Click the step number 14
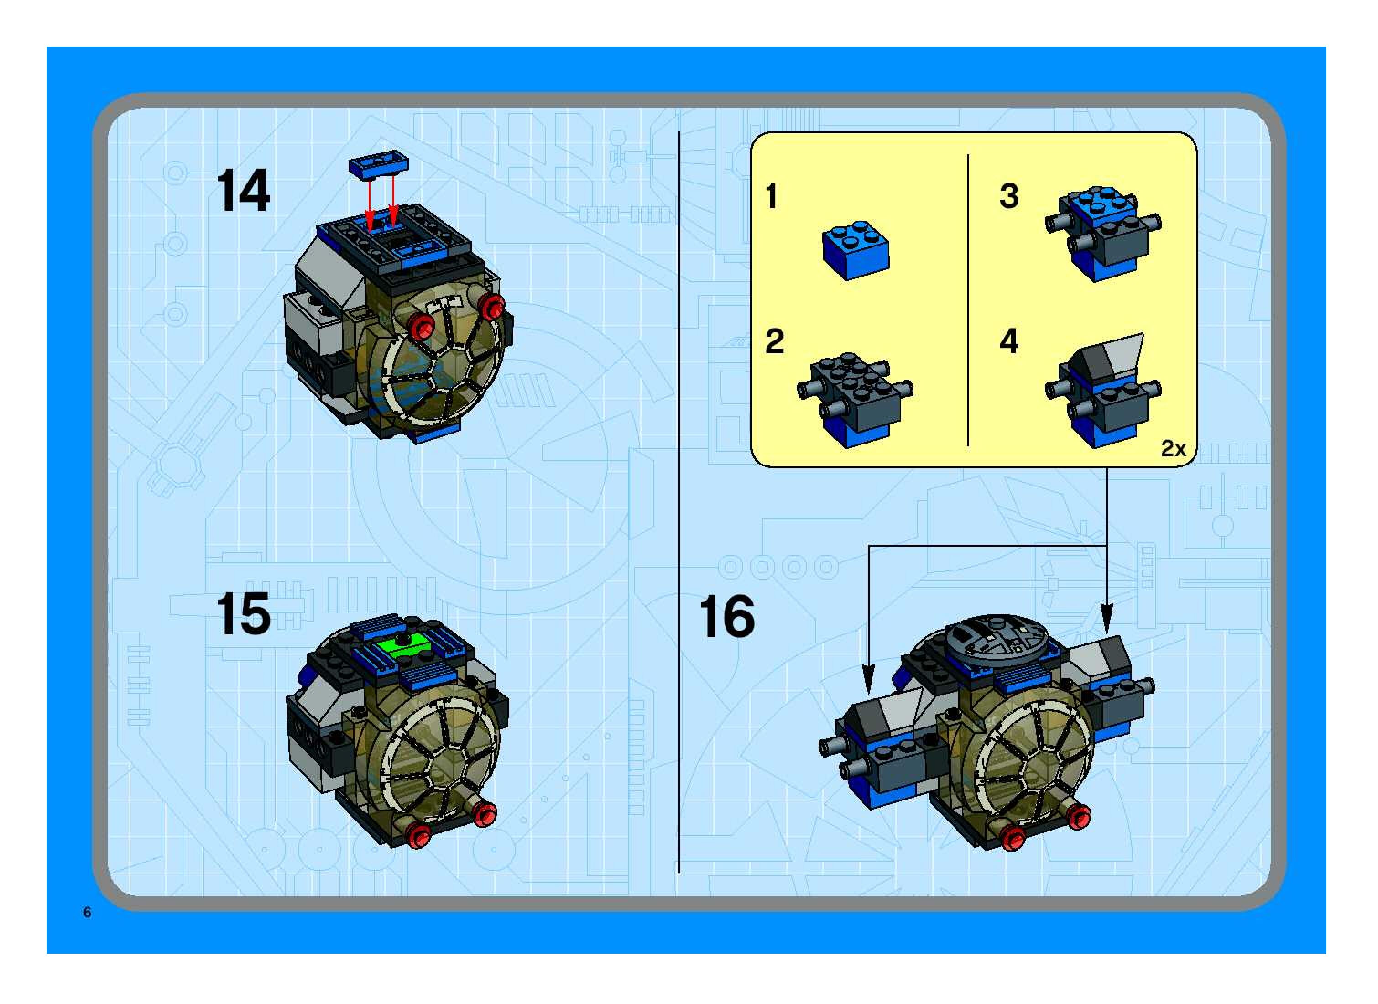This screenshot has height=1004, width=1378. (x=243, y=191)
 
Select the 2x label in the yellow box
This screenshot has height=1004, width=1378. (x=1173, y=449)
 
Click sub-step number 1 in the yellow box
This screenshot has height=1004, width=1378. (x=772, y=196)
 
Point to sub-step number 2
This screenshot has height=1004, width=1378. (x=774, y=341)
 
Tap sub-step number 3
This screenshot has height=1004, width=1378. (x=1009, y=196)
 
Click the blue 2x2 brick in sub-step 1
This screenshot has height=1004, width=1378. (x=856, y=250)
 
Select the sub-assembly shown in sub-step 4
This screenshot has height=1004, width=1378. (x=1103, y=390)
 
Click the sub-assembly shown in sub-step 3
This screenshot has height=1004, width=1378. (x=1103, y=234)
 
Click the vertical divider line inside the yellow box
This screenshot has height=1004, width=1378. (x=967, y=300)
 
